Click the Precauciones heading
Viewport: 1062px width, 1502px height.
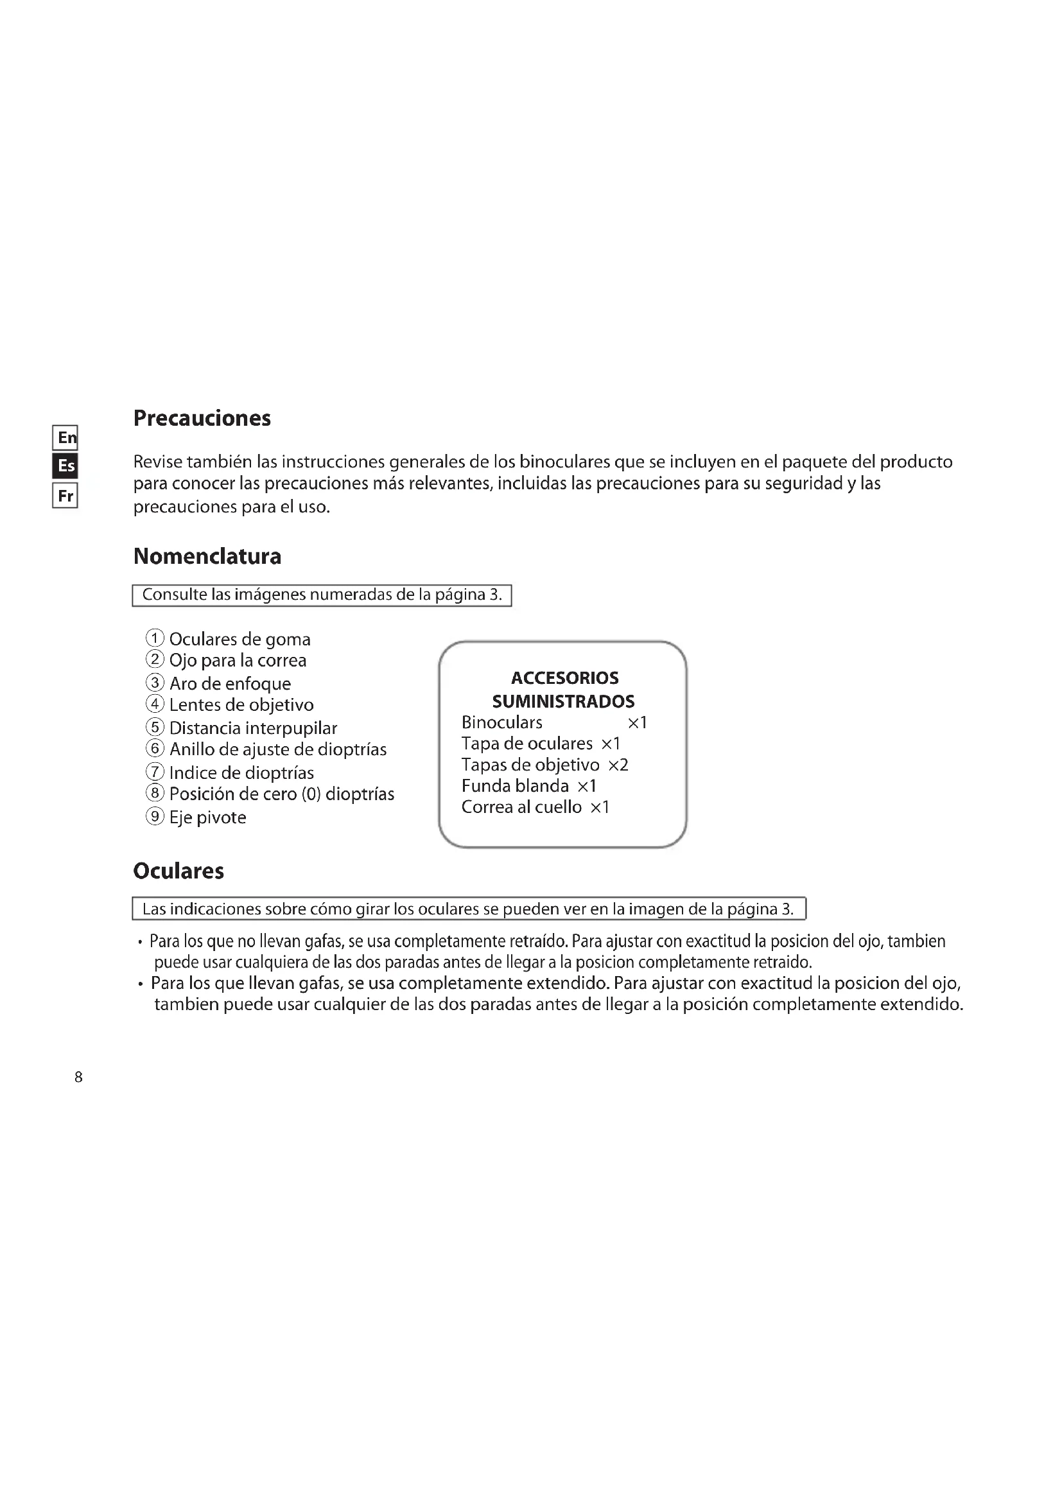202,418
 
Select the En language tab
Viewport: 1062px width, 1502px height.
65,437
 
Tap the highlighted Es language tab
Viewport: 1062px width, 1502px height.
65,466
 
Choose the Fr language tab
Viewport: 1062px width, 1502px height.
65,495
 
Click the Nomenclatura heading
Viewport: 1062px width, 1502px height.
207,556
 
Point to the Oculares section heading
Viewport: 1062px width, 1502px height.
178,871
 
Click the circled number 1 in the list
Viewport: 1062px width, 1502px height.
154,638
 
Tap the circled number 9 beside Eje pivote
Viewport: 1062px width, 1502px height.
154,816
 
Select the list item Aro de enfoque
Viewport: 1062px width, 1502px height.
229,684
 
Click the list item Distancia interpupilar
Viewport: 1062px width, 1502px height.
252,728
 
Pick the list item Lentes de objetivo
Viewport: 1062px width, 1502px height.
241,705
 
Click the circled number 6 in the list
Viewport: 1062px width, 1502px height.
154,748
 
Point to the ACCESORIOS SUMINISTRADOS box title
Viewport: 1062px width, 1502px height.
564,690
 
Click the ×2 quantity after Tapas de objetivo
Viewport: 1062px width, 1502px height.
618,765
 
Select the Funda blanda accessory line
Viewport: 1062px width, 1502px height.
528,785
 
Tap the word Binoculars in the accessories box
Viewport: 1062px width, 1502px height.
501,722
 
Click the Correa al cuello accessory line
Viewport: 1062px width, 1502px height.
535,807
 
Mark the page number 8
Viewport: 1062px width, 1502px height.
78,1078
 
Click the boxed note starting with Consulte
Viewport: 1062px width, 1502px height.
322,595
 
